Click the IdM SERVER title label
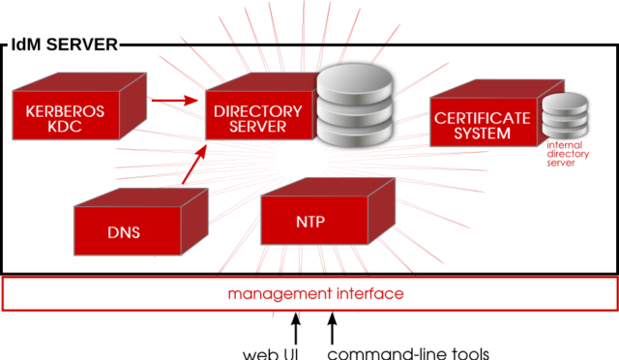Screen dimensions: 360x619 (x=63, y=45)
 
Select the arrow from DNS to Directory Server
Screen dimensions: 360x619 (x=192, y=165)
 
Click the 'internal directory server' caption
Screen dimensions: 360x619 (x=562, y=154)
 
